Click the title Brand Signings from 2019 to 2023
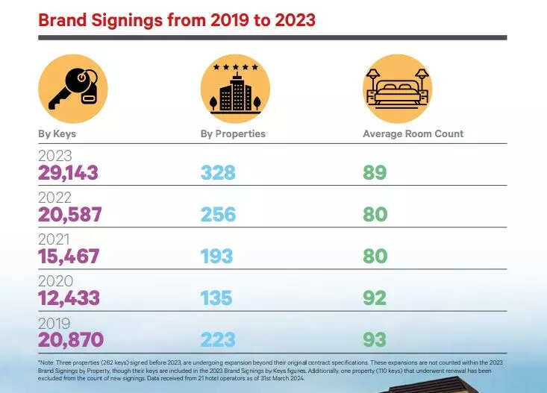pyautogui.click(x=177, y=19)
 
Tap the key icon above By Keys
pyautogui.click(x=72, y=89)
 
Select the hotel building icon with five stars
pyautogui.click(x=234, y=89)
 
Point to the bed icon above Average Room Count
pyautogui.click(x=397, y=89)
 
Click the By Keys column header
pyautogui.click(x=57, y=134)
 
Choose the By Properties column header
pyautogui.click(x=233, y=134)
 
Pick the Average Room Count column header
pyautogui.click(x=413, y=134)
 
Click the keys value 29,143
pyautogui.click(x=68, y=174)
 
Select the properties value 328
pyautogui.click(x=218, y=174)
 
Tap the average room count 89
pyautogui.click(x=375, y=174)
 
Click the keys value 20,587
pyautogui.click(x=69, y=216)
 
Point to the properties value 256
pyautogui.click(x=218, y=216)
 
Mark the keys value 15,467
pyautogui.click(x=68, y=257)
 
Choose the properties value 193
pyautogui.click(x=218, y=257)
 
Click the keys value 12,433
pyautogui.click(x=68, y=298)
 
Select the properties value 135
pyautogui.click(x=218, y=298)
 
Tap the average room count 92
pyautogui.click(x=375, y=298)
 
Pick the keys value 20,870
pyautogui.click(x=70, y=340)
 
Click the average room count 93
pyautogui.click(x=375, y=340)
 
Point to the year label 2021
pyautogui.click(x=55, y=240)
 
